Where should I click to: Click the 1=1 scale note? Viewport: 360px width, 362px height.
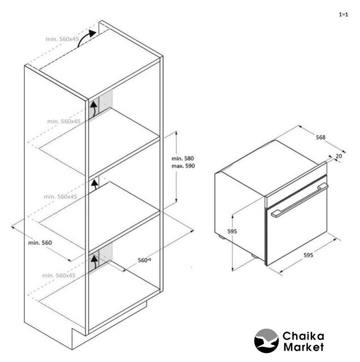(344, 15)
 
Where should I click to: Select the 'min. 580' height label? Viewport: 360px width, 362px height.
(183, 158)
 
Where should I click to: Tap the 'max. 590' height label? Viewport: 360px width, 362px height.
(183, 166)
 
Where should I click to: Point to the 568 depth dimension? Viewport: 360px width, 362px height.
(320, 137)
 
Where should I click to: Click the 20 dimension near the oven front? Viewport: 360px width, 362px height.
(339, 156)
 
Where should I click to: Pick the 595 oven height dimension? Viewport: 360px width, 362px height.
(232, 231)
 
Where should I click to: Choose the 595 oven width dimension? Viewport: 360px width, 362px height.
(309, 255)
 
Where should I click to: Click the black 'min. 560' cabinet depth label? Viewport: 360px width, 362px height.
(40, 243)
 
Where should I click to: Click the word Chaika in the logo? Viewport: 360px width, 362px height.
(303, 337)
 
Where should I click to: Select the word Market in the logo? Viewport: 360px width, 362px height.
(303, 347)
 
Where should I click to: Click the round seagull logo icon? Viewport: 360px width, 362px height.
(266, 341)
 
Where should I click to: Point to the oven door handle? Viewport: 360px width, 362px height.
(300, 200)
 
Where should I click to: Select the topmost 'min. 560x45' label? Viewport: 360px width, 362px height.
(62, 39)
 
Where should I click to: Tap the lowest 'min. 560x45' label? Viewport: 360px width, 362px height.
(59, 275)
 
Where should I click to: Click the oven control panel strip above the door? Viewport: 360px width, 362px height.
(296, 185)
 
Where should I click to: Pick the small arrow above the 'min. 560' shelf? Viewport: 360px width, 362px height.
(94, 185)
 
